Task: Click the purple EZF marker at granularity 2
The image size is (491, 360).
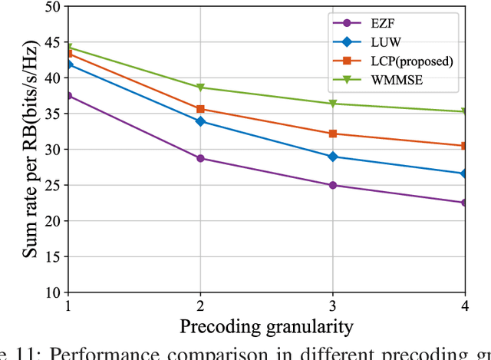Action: pyautogui.click(x=200, y=158)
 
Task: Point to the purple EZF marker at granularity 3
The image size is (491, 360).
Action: pyautogui.click(x=332, y=185)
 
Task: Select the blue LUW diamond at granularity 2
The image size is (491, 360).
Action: pyautogui.click(x=200, y=121)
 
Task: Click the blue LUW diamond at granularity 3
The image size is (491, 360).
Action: pyautogui.click(x=332, y=157)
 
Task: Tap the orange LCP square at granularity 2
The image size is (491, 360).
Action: pyautogui.click(x=200, y=109)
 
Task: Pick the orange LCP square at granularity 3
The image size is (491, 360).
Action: pyautogui.click(x=332, y=134)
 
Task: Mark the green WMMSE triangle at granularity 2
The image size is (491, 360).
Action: pyautogui.click(x=200, y=88)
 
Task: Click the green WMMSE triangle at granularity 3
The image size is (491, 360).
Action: pyautogui.click(x=332, y=104)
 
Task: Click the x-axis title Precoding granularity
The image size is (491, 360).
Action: pyautogui.click(x=266, y=326)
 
